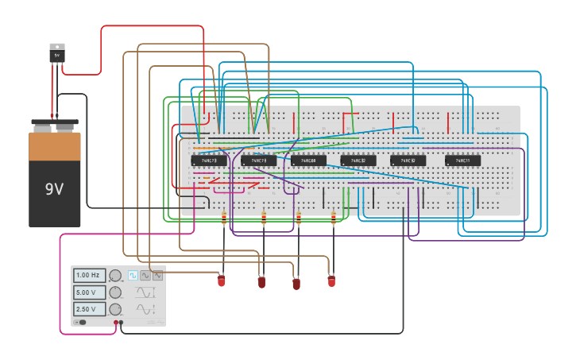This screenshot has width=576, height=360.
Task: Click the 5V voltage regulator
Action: point(56,53)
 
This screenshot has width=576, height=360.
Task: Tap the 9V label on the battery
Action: point(54,189)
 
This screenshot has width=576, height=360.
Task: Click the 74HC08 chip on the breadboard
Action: point(308,161)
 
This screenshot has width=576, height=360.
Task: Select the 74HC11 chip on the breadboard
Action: point(462,161)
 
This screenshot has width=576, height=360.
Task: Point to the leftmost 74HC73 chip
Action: point(209,161)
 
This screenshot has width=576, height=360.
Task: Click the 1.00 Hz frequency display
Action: point(89,276)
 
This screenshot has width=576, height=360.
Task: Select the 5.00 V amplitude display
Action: point(89,292)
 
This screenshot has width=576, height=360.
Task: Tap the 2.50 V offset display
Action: point(89,309)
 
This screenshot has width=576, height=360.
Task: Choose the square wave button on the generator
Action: point(133,276)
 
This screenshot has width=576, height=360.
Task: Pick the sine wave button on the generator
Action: point(145,276)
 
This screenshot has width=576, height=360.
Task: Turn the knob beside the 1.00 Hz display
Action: point(115,276)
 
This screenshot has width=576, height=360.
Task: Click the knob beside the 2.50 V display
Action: point(115,309)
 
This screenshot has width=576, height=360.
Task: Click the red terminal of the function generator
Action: point(116,323)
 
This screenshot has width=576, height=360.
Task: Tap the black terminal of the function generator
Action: point(121,323)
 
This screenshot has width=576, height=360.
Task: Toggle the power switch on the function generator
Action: point(80,322)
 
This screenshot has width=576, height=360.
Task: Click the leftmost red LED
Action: point(222,281)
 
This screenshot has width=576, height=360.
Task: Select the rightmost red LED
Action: point(331,281)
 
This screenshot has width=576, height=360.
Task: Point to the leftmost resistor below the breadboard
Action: point(224,217)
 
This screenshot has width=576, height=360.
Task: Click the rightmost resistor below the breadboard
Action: point(334,217)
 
